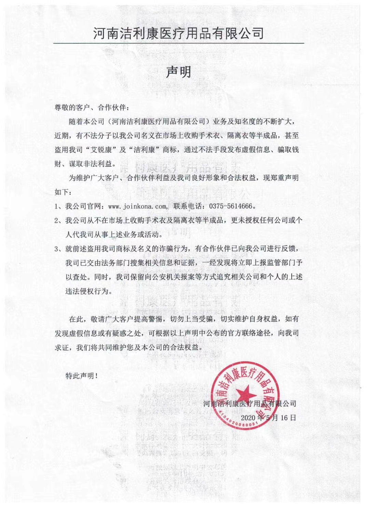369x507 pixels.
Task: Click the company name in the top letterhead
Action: coord(179,33)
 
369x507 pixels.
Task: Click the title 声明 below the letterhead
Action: coord(178,72)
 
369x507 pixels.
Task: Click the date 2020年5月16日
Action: coord(268,417)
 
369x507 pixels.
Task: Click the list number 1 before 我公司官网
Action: coord(57,206)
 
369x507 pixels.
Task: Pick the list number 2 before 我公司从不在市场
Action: coord(57,221)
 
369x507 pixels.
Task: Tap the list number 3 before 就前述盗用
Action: coord(57,249)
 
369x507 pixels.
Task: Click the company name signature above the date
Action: coord(249,403)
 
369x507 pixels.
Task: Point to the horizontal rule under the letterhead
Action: coord(178,43)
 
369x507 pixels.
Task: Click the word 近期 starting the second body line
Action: coord(61,135)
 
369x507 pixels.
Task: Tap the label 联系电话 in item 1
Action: coord(187,206)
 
